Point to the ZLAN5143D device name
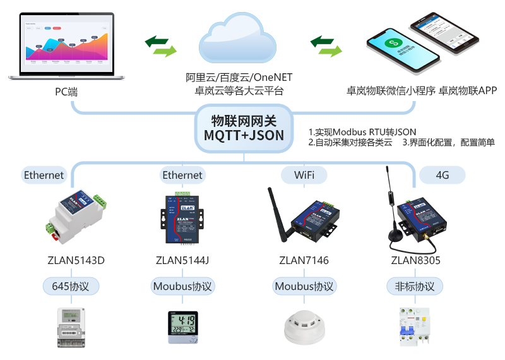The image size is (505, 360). coord(76,260)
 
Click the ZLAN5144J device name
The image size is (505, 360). coord(182,260)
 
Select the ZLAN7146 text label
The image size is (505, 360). coord(304,260)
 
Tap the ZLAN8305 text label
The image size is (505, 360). coord(416,260)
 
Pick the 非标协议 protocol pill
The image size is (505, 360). coord(411,286)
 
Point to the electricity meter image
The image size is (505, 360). coord(71,326)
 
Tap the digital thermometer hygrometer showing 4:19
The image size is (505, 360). coord(182,326)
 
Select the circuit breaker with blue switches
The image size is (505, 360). coord(414,326)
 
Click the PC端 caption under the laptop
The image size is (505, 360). coord(66,92)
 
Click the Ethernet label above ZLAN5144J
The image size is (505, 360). coord(182,175)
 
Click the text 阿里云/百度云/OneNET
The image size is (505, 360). coord(239,78)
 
